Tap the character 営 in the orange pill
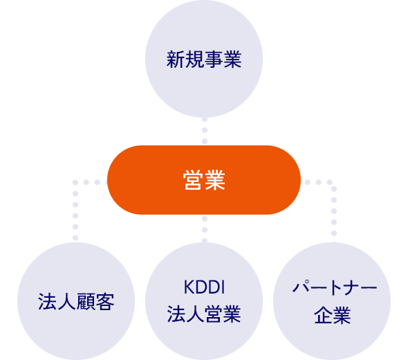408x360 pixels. (x=194, y=181)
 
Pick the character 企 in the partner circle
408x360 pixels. (x=323, y=316)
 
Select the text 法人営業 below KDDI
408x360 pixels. (x=204, y=315)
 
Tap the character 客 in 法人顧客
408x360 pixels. (x=104, y=303)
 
